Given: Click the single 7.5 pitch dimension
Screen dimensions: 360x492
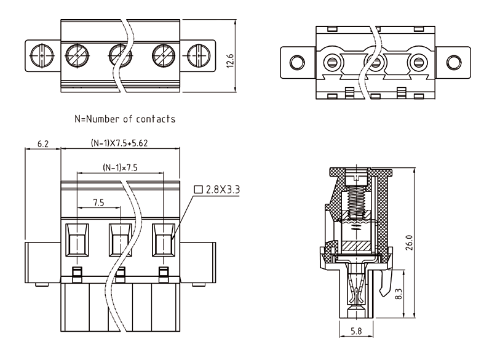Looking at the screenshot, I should coord(98,202).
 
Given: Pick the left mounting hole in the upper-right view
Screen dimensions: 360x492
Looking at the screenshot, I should coord(297,62).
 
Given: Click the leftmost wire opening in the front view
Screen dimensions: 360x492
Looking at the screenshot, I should coord(77,239).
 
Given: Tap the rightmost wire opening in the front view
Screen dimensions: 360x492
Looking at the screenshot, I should coord(163,239).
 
